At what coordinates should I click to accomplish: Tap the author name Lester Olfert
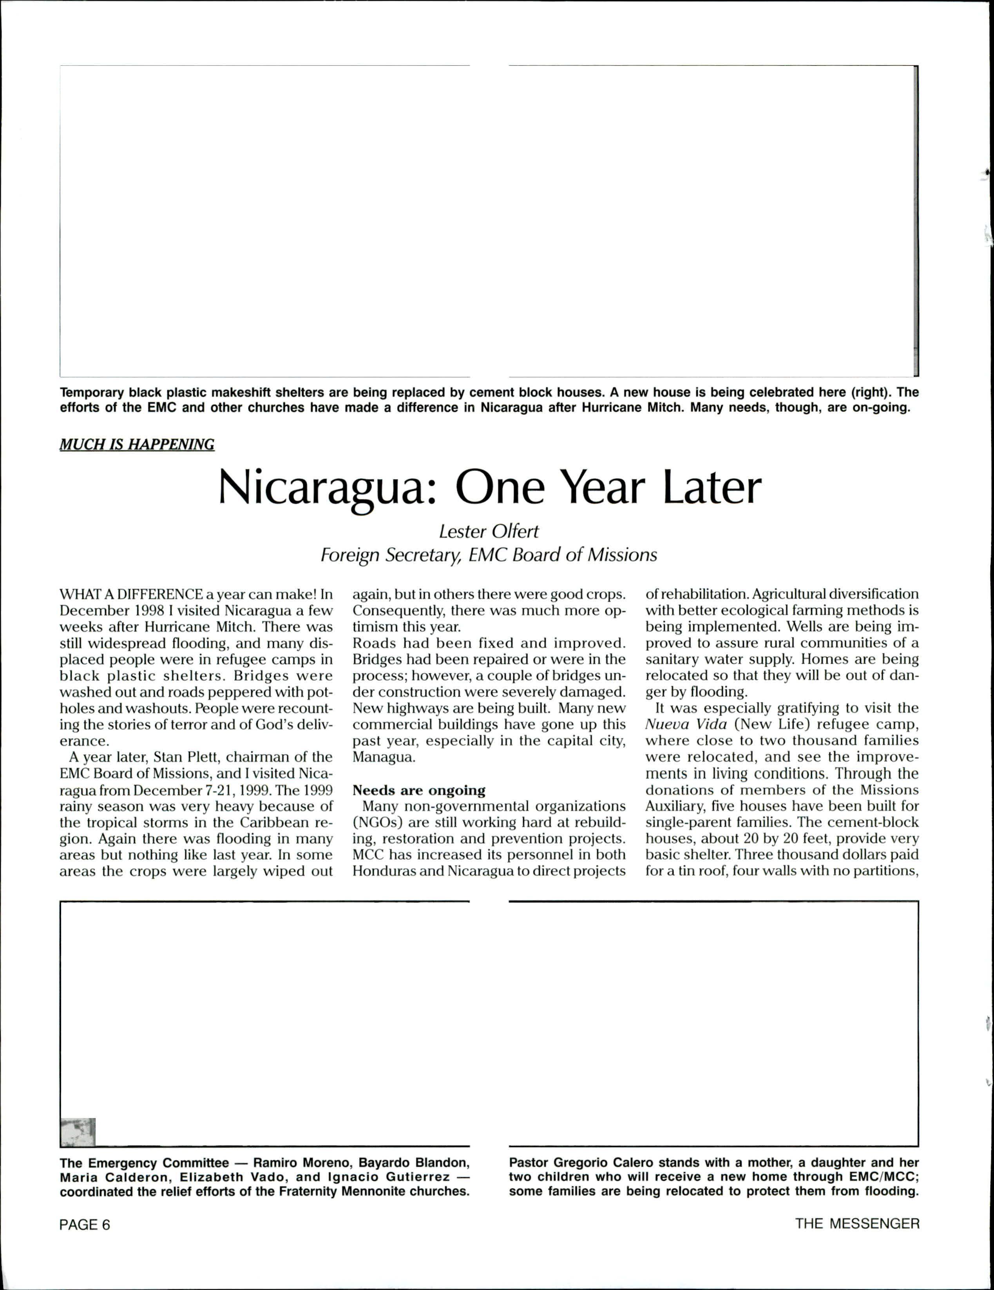tap(489, 532)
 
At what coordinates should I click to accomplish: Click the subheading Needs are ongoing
tap(419, 790)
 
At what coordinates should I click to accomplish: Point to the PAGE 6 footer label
tap(85, 1225)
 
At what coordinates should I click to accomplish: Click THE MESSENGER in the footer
tap(857, 1224)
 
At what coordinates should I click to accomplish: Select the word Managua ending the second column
tap(384, 757)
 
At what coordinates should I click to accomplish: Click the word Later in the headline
tap(712, 488)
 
